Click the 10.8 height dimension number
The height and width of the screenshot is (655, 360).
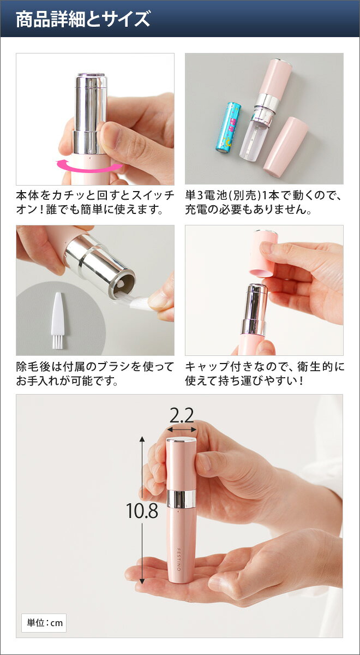pos(142,511)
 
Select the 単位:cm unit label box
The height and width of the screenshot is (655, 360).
pos(44,622)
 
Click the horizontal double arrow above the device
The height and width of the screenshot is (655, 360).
pos(182,430)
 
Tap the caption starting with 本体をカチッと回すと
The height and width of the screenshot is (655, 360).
pos(95,202)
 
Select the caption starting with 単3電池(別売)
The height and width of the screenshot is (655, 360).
pos(264,202)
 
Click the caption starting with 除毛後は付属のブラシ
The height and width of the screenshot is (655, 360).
pos(95,373)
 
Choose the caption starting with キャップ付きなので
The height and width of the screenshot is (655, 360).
pos(264,373)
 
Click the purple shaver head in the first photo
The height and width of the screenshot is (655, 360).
pos(91,80)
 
